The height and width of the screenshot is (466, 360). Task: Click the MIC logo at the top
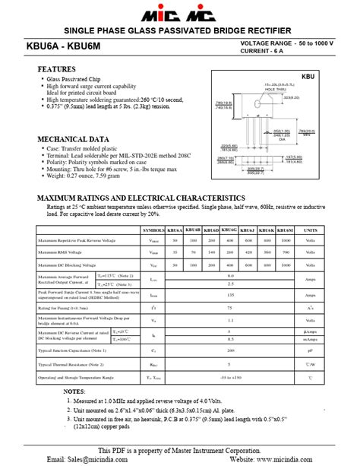pyautogui.click(x=181, y=14)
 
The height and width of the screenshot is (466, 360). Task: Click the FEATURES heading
pyautogui.click(x=56, y=69)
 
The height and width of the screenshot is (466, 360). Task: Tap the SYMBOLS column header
pyautogui.click(x=153, y=229)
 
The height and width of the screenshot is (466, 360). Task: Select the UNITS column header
pyautogui.click(x=311, y=229)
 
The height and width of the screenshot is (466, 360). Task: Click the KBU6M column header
pyautogui.click(x=285, y=229)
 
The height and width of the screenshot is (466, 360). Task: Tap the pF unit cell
pyautogui.click(x=311, y=350)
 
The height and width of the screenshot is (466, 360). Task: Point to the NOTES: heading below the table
pyautogui.click(x=74, y=391)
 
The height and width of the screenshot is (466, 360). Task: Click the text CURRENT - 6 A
pyautogui.click(x=268, y=51)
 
